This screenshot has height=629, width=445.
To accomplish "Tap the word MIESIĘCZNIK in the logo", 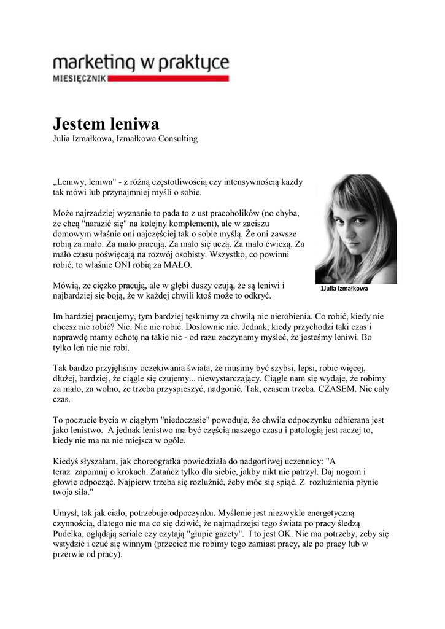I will click(80, 79).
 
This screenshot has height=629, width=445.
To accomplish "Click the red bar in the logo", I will click(169, 79).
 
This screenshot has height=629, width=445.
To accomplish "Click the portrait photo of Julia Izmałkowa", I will click(347, 229).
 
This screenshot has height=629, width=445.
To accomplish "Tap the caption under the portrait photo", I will click(344, 288).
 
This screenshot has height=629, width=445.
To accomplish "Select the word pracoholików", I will click(226, 213).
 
